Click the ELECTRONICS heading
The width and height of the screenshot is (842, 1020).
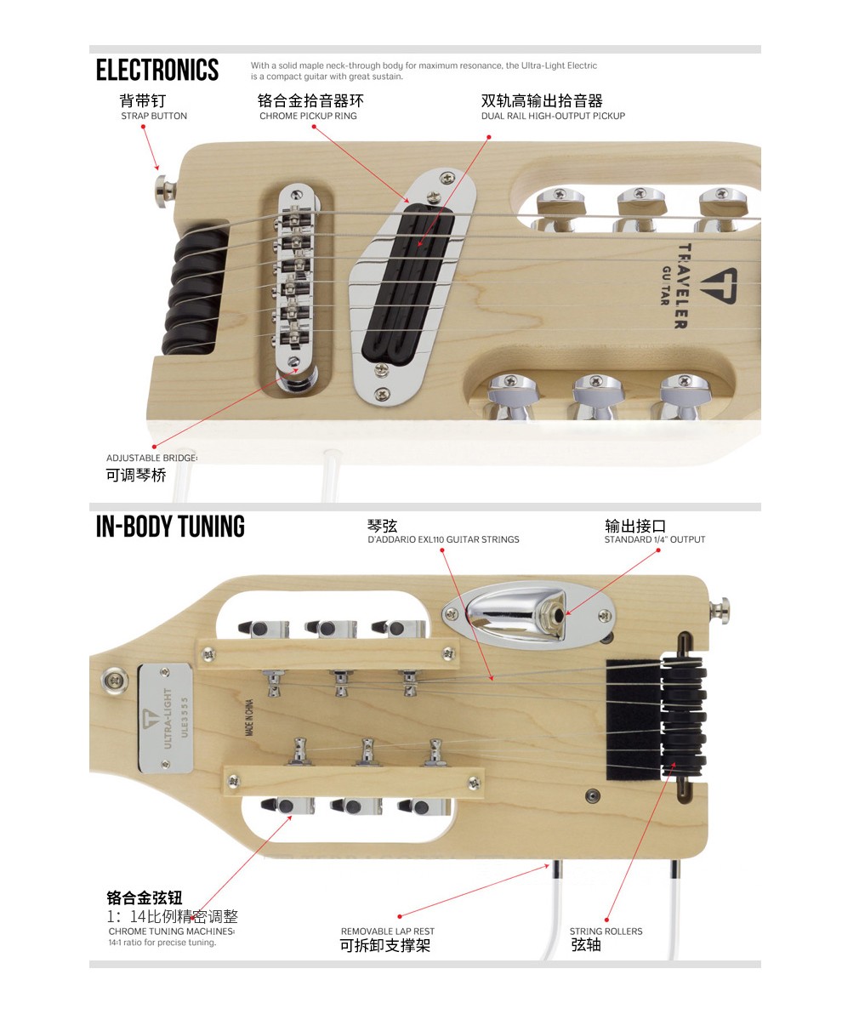[157, 71]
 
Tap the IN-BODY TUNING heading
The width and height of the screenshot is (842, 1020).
[170, 527]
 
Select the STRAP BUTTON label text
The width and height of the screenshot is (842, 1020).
[154, 116]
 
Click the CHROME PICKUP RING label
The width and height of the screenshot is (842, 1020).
[308, 116]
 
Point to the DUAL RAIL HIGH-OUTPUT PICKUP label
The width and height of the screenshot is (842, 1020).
[554, 116]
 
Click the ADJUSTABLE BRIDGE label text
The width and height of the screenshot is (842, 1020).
[152, 458]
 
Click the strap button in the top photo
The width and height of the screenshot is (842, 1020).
[165, 192]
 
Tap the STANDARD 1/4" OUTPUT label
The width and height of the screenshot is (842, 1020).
[655, 539]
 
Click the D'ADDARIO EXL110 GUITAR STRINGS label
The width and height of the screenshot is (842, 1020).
[443, 539]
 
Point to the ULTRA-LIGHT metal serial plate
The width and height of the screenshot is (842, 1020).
[166, 718]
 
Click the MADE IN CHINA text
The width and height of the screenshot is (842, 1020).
[250, 717]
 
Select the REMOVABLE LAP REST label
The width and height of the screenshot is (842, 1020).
[388, 932]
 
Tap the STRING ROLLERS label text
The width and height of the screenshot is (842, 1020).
[606, 932]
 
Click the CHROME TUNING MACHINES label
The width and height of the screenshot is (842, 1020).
[172, 932]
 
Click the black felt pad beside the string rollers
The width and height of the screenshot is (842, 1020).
[634, 720]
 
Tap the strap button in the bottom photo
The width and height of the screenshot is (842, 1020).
[720, 611]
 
